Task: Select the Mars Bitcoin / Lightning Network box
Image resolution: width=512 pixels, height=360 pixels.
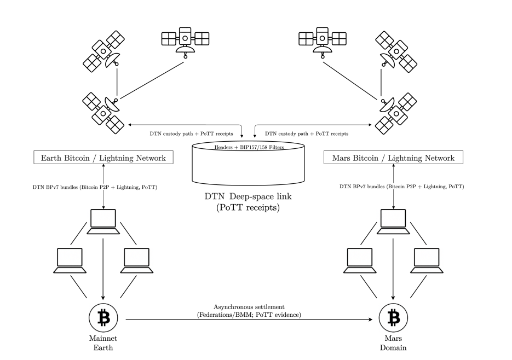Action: pos(393,158)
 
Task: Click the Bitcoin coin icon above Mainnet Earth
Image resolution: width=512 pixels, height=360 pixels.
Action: pos(104,316)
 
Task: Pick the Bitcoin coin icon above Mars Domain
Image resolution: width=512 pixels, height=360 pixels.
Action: pos(393,316)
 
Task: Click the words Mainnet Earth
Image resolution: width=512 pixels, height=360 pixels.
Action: pos(104,342)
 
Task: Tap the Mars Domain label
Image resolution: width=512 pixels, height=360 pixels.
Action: pos(393,342)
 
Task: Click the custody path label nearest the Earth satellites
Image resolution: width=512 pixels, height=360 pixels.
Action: pos(192,133)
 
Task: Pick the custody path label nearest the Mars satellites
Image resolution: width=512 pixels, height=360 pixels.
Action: pos(307,133)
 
